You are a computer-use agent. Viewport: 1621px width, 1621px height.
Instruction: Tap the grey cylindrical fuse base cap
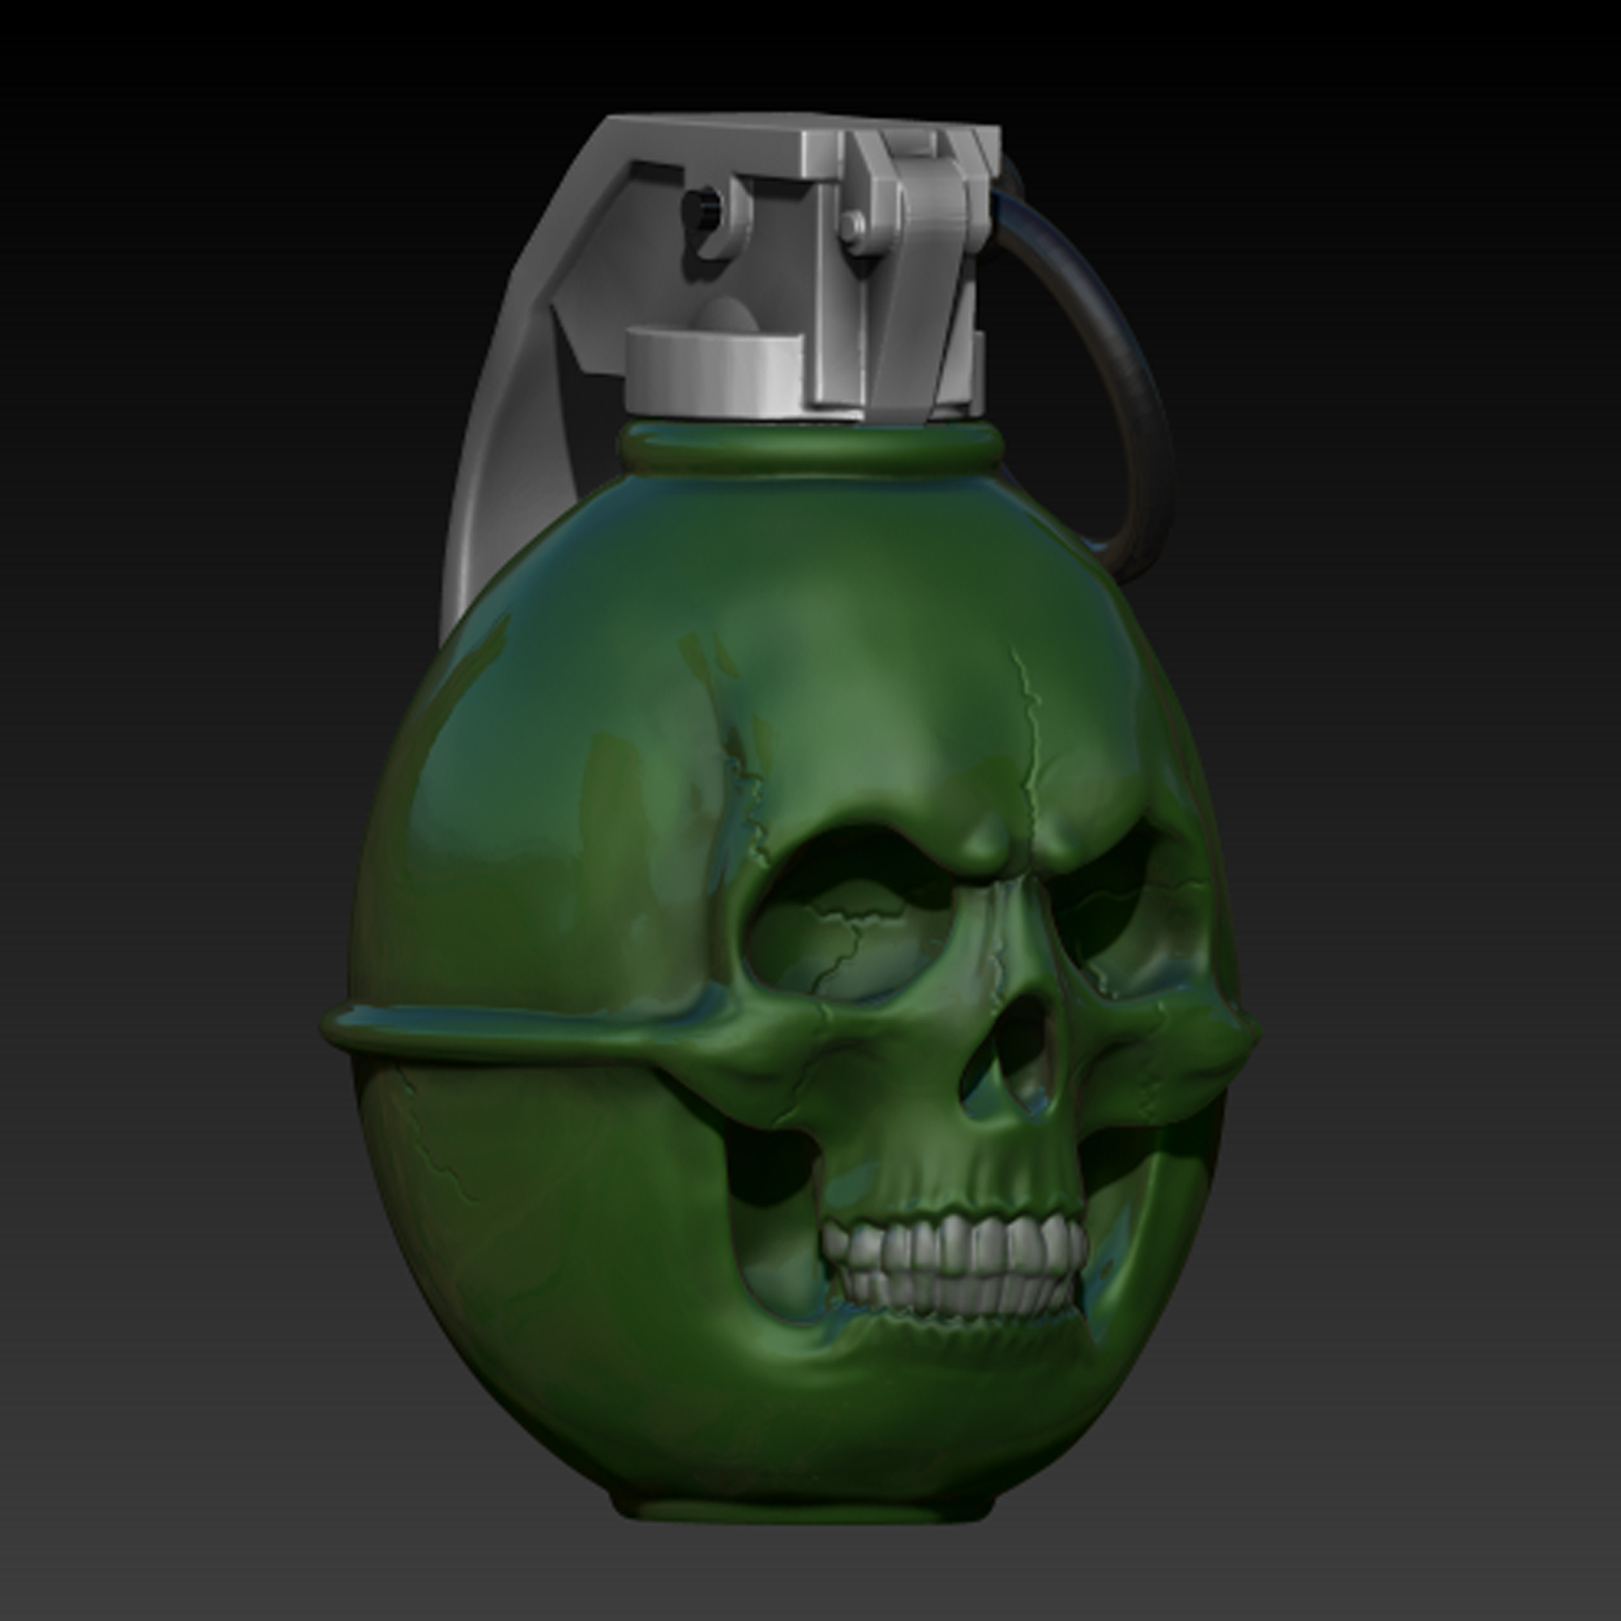tap(713, 369)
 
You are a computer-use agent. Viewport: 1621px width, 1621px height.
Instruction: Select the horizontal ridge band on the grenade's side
tap(503, 1028)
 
